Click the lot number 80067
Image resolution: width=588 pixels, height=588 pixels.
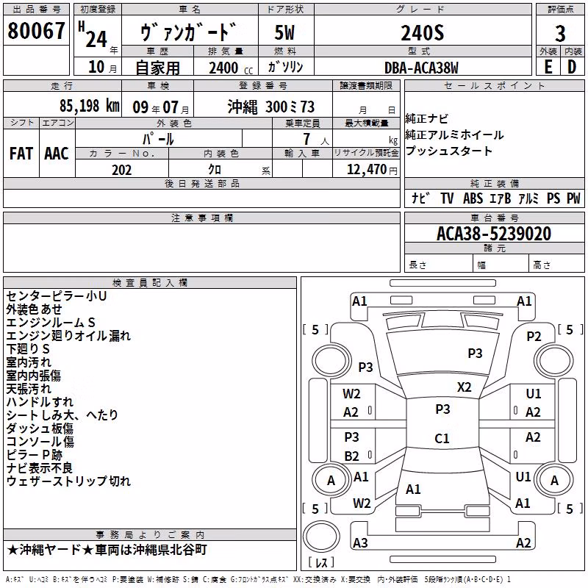tap(36, 31)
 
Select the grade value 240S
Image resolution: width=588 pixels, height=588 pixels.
tap(423, 33)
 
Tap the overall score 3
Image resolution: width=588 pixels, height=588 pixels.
tap(560, 34)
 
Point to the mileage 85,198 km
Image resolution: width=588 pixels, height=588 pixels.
tap(90, 106)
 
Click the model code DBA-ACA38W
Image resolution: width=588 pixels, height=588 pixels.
tap(421, 68)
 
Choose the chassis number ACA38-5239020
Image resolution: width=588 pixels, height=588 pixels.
tap(494, 234)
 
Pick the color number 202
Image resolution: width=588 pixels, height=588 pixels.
tap(121, 170)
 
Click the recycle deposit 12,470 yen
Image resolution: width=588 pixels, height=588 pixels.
tap(372, 170)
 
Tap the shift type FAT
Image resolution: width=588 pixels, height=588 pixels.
tap(21, 154)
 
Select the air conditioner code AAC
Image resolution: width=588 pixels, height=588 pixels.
tap(57, 154)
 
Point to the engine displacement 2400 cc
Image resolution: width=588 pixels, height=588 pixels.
tap(231, 68)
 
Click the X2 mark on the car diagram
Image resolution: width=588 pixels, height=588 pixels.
tap(465, 387)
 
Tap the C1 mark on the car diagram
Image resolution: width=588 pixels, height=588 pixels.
tap(442, 438)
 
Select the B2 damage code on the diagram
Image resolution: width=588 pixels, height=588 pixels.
tap(352, 456)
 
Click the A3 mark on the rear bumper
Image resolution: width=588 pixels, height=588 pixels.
tap(360, 542)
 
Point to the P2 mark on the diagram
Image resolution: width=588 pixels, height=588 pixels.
tap(534, 337)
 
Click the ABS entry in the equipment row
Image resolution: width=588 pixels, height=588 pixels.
tap(473, 198)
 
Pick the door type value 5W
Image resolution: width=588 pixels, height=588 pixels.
tap(284, 32)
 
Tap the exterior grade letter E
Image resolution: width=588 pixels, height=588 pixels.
tap(548, 67)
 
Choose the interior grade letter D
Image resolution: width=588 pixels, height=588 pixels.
tap(572, 67)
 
